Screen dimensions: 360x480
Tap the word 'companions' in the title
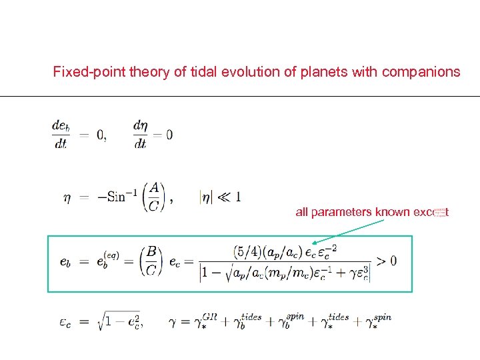click(421, 72)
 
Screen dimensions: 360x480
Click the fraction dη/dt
click(140, 134)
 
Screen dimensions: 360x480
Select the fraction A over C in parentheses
click(154, 197)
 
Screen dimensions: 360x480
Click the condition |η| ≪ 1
click(220, 197)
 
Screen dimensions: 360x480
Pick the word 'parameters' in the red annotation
click(341, 213)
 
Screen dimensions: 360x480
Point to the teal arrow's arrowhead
click(315, 243)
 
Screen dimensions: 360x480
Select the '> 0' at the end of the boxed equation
click(386, 260)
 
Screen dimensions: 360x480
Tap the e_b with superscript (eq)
click(107, 259)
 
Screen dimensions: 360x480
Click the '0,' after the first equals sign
click(101, 135)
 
